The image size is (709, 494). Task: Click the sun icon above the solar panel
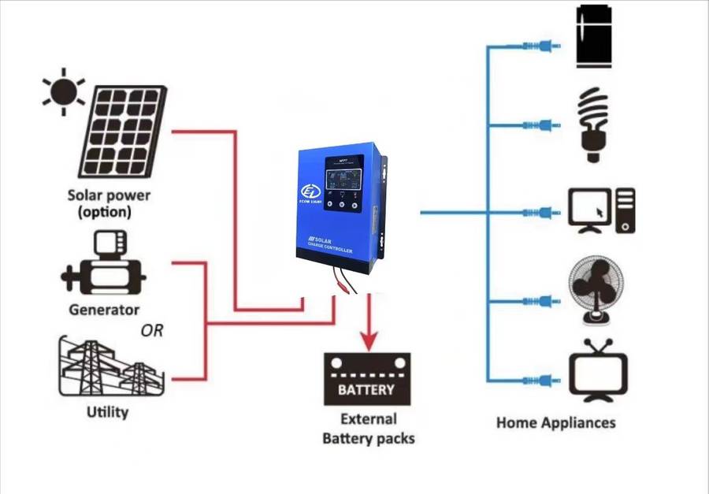(64, 91)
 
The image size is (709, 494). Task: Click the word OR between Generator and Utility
(152, 331)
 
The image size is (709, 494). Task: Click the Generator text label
(104, 310)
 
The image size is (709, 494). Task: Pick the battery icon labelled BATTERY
(368, 378)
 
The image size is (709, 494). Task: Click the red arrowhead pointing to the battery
(368, 340)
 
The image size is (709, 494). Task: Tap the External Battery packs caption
(368, 428)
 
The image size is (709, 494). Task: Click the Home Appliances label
(555, 423)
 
